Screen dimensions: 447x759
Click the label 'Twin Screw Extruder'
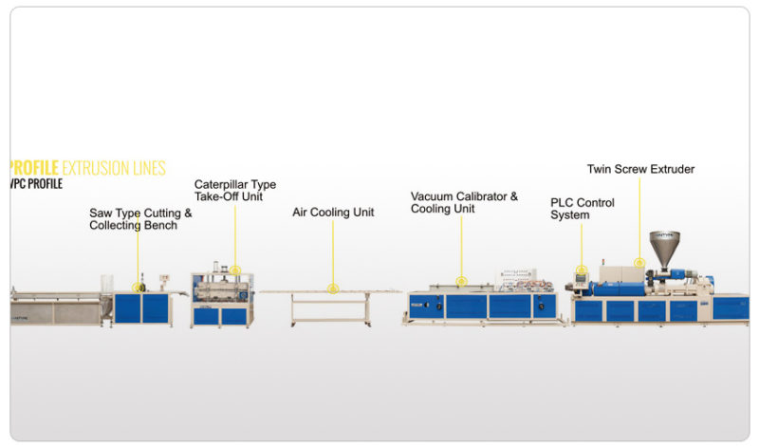point(640,169)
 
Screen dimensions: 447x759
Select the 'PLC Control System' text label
point(583,209)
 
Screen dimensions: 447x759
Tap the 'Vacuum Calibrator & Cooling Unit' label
point(464,202)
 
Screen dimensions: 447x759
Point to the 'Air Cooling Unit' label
point(332,213)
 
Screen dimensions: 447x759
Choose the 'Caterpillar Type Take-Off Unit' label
point(235,190)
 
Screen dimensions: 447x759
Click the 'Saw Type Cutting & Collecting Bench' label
point(140,219)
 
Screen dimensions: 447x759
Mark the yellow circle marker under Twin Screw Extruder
point(639,262)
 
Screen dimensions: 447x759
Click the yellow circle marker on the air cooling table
point(332,288)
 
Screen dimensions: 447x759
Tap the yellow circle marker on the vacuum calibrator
point(461,281)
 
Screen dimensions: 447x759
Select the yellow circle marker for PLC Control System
point(582,270)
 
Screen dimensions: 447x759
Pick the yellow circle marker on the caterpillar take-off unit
point(235,270)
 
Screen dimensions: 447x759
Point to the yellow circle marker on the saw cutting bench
point(139,286)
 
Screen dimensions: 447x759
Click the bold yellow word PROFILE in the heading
point(34,168)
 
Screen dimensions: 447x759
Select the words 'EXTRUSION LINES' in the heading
point(114,168)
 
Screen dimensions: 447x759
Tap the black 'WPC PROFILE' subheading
point(36,184)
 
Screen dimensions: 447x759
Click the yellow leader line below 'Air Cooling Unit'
point(332,251)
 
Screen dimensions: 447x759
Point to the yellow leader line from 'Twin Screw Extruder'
point(639,218)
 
